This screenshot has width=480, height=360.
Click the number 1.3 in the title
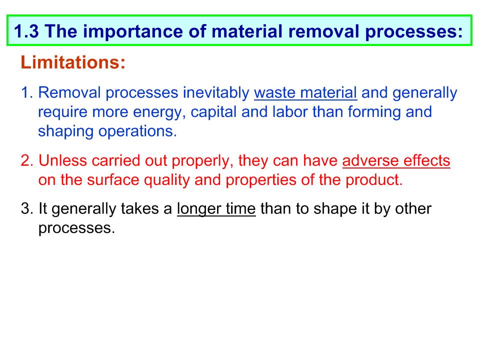pos(26,31)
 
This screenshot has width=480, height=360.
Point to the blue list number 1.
pos(27,92)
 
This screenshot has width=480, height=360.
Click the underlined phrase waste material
pos(305,93)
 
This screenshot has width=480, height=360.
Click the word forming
pos(374,112)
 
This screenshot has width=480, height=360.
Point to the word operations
pos(137,131)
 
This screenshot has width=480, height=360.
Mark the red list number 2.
pos(27,160)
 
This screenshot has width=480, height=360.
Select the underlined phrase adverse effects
pos(396,160)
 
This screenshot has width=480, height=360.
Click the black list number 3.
pos(27,209)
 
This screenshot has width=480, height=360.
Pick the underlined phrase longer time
pos(216,209)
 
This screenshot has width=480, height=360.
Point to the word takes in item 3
pos(140,209)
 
